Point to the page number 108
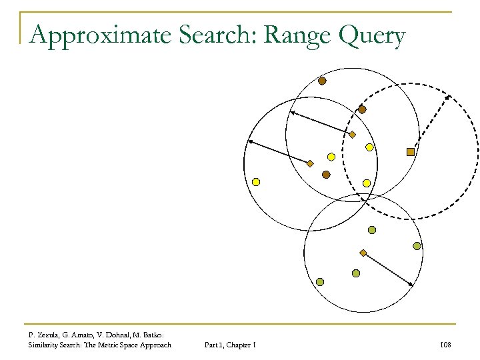pos(446,344)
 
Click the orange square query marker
pos(411,152)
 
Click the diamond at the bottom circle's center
pos(363,253)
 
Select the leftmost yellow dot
pos(256,181)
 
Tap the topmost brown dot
pos(322,81)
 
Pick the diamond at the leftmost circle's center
pos(310,163)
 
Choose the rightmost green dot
pos(417,246)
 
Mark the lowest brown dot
pos(326,175)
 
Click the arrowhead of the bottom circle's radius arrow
pos(412,285)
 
